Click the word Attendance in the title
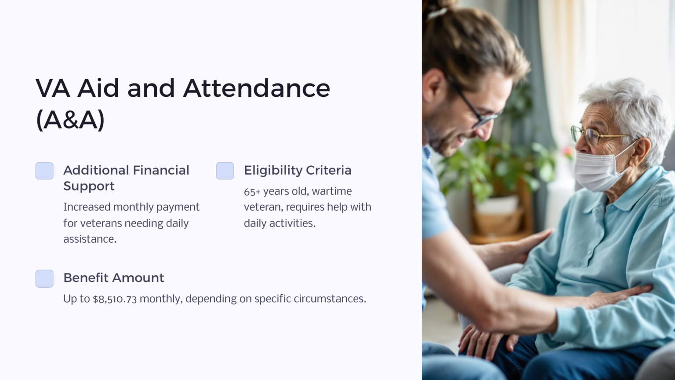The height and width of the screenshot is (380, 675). (x=257, y=88)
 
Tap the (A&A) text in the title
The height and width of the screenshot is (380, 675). (x=70, y=120)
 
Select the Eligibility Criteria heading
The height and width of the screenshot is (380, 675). (x=298, y=170)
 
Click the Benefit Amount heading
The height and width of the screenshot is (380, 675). (x=114, y=278)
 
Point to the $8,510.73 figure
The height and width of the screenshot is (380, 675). (x=115, y=299)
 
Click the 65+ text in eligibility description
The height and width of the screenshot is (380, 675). (x=252, y=191)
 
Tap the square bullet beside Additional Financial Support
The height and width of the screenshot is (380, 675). (x=44, y=171)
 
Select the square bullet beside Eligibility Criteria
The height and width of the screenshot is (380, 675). (x=225, y=171)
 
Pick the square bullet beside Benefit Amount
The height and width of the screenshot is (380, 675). (x=44, y=278)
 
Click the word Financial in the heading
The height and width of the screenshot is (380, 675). (x=161, y=170)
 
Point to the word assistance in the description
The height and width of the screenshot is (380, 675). (x=90, y=239)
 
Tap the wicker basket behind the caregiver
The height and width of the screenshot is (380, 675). (x=497, y=220)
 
